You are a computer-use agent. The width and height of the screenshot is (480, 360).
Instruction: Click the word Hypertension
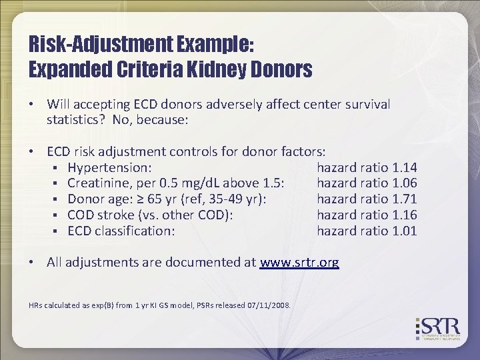tap(109, 167)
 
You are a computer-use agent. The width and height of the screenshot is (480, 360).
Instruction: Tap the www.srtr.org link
tap(299, 263)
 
